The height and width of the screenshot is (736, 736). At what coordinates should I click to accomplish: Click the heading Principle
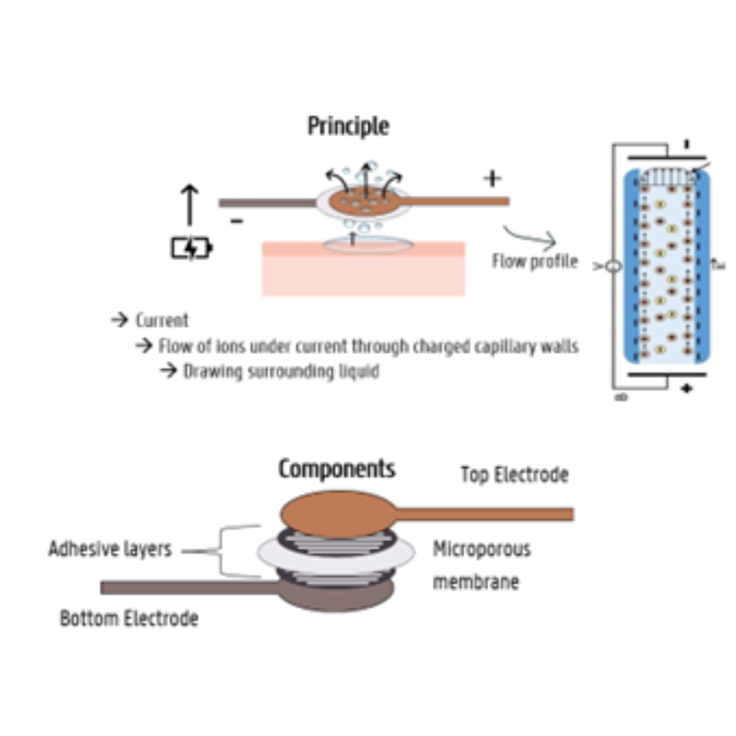click(x=348, y=127)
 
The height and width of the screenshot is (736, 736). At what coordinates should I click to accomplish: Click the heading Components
click(x=337, y=469)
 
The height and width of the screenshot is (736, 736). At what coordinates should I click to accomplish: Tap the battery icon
click(x=191, y=249)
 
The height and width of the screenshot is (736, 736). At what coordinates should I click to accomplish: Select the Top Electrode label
click(x=514, y=474)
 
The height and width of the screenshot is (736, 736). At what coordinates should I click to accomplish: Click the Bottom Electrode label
click(x=129, y=619)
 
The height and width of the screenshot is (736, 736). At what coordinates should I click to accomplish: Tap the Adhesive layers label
click(x=110, y=549)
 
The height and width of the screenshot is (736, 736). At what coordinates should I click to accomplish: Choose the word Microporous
click(x=481, y=549)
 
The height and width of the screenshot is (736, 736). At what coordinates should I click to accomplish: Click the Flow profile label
click(x=534, y=261)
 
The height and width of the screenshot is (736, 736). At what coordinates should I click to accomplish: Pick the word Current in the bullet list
click(x=162, y=320)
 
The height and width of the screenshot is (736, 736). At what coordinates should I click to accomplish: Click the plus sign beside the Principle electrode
click(x=492, y=179)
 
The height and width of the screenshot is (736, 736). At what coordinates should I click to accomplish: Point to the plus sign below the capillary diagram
click(x=686, y=388)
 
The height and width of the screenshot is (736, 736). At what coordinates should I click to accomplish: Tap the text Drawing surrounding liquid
click(x=281, y=372)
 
